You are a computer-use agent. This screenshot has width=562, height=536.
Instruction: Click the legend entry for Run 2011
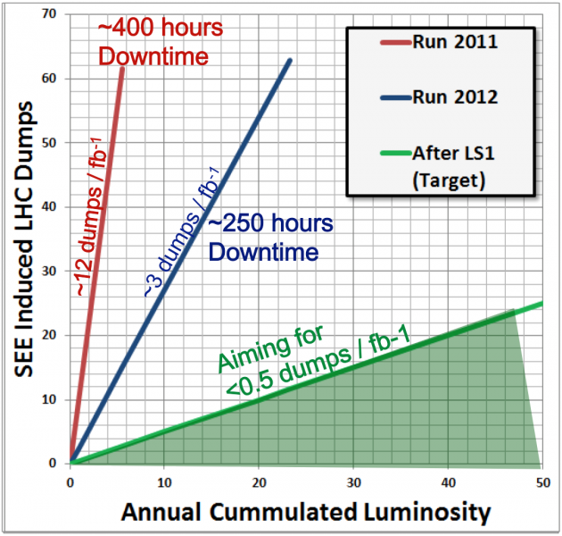[439, 42]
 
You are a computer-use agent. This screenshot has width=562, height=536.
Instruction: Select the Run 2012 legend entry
[439, 97]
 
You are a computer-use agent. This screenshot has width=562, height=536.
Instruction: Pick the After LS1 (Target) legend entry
[437, 166]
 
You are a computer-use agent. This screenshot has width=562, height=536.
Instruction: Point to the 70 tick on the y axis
[49, 14]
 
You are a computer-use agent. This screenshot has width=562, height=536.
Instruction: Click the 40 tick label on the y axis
[49, 206]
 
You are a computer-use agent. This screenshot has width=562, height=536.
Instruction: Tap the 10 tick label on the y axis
[49, 399]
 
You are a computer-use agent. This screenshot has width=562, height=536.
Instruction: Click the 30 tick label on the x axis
[354, 483]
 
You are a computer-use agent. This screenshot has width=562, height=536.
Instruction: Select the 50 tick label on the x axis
[543, 483]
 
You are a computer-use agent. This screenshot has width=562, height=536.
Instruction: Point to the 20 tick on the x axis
[259, 483]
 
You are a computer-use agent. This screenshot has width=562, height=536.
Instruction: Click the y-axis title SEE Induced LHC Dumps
[24, 239]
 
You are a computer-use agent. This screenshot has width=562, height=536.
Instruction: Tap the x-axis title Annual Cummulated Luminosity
[306, 512]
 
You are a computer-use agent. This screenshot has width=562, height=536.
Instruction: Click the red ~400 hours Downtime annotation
[161, 42]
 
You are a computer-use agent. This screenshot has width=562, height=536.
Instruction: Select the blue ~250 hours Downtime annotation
[270, 238]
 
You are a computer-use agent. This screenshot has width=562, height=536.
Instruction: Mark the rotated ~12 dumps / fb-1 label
[92, 217]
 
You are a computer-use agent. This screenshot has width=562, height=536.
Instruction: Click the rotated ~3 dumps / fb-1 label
[182, 232]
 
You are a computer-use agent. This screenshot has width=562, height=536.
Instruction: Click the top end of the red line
[122, 68]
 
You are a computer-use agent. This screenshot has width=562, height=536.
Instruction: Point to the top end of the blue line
[290, 61]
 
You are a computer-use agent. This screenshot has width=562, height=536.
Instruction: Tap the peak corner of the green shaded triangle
[515, 309]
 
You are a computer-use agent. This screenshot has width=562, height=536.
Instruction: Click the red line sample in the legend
[396, 43]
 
